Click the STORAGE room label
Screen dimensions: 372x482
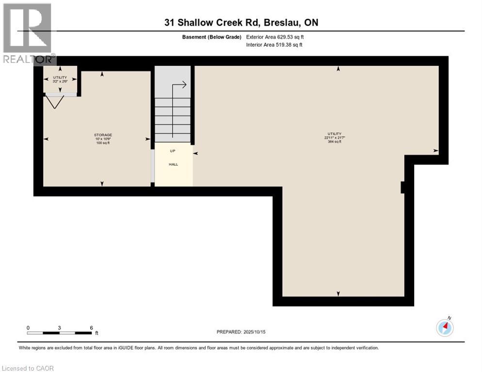pyautogui.click(x=103, y=135)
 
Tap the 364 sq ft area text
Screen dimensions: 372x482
pyautogui.click(x=334, y=142)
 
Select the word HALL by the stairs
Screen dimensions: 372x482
pyautogui.click(x=173, y=164)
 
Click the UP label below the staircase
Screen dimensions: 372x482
pyautogui.click(x=173, y=151)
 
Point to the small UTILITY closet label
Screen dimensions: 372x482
pyautogui.click(x=60, y=77)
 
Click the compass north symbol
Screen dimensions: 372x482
pyautogui.click(x=445, y=328)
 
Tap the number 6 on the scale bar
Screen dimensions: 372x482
pyautogui.click(x=91, y=328)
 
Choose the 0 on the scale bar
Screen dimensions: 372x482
pyautogui.click(x=28, y=328)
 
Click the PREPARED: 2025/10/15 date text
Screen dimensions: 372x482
pyautogui.click(x=241, y=332)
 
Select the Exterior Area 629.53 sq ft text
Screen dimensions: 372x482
pyautogui.click(x=275, y=37)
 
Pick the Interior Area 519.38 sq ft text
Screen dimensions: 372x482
pyautogui.click(x=274, y=45)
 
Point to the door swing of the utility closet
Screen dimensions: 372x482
pyautogui.click(x=55, y=102)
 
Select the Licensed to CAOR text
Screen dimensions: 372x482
pyautogui.click(x=28, y=368)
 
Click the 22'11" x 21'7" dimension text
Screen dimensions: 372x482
pyautogui.click(x=334, y=138)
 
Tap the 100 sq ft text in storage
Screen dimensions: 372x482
pyautogui.click(x=103, y=143)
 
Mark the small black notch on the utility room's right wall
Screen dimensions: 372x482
pyautogui.click(x=402, y=187)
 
